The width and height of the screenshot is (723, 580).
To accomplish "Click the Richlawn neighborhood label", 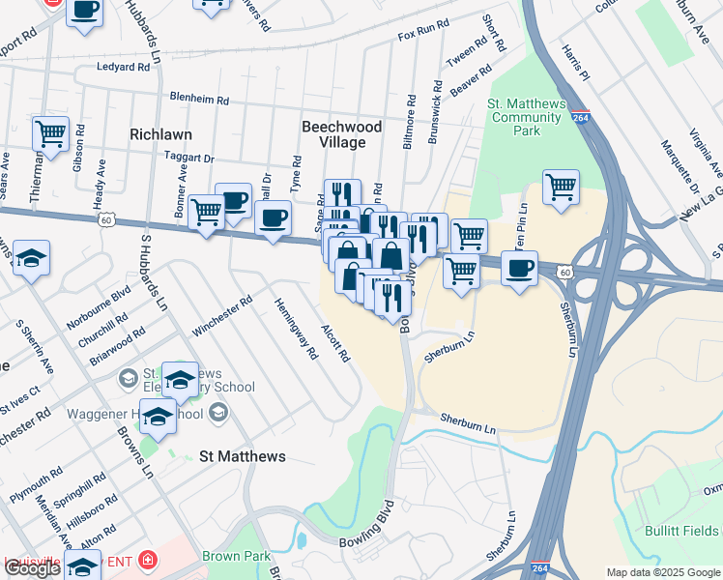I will [x=162, y=134].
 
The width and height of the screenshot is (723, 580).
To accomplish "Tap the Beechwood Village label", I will [x=341, y=134].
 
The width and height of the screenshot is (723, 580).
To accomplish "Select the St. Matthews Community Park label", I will [x=526, y=117].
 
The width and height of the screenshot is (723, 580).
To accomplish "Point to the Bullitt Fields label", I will [x=681, y=531].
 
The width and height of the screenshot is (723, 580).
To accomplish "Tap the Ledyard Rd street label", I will [x=124, y=68].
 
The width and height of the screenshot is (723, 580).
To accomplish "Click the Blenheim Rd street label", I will [x=199, y=100].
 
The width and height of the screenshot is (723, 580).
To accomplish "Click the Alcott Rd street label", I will [x=334, y=343].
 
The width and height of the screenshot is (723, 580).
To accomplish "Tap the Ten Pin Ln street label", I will [x=523, y=224].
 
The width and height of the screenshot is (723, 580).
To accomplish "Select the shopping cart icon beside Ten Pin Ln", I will [x=561, y=186].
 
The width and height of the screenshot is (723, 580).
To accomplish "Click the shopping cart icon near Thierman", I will [x=50, y=132].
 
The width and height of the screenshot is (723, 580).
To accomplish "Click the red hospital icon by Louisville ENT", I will [x=145, y=560].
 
